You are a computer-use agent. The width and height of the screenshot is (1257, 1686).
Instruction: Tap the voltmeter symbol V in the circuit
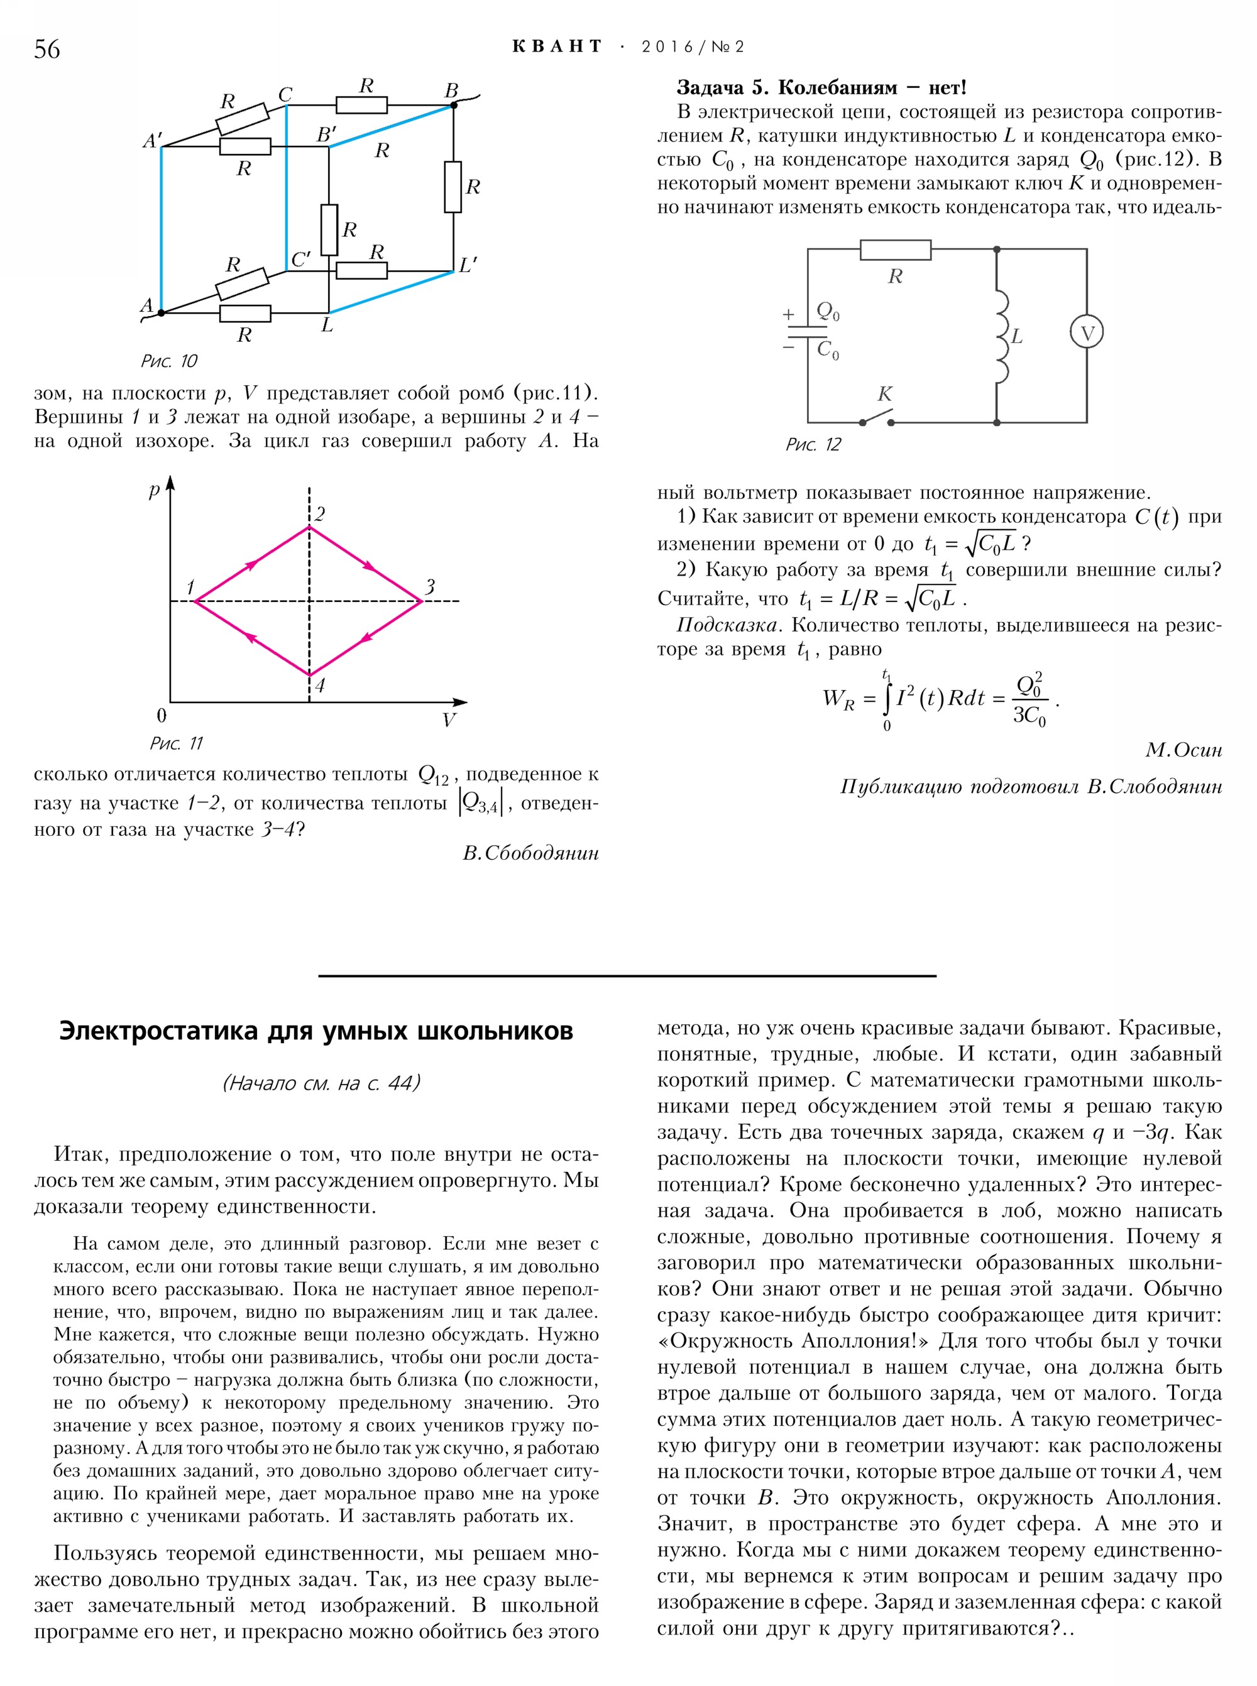click(x=1087, y=332)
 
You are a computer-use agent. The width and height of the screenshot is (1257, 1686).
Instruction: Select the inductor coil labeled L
click(x=1001, y=336)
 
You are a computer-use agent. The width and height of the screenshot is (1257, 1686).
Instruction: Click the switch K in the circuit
click(x=877, y=417)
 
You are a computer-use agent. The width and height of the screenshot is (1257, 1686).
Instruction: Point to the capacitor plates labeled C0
click(x=808, y=332)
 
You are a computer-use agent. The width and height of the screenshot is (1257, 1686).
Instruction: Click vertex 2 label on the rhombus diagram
click(x=319, y=514)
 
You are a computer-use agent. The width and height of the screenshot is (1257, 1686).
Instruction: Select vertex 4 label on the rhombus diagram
click(x=319, y=686)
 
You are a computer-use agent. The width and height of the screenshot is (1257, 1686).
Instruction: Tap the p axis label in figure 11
click(x=155, y=491)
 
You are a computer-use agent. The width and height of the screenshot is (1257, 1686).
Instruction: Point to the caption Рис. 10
click(x=169, y=361)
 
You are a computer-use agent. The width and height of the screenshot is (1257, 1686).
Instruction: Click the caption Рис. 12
click(x=813, y=444)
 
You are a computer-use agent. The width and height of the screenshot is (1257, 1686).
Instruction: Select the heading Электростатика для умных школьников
click(x=316, y=1031)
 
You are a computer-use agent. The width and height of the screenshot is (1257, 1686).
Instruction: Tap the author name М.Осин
click(x=1183, y=750)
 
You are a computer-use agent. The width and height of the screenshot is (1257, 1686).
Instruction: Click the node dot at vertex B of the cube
click(x=454, y=105)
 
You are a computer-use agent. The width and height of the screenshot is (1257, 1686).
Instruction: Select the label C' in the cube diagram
click(x=300, y=260)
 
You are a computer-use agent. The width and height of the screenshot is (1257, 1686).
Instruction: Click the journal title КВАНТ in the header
click(x=557, y=47)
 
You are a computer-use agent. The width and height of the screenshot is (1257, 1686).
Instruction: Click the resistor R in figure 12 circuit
click(x=895, y=250)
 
